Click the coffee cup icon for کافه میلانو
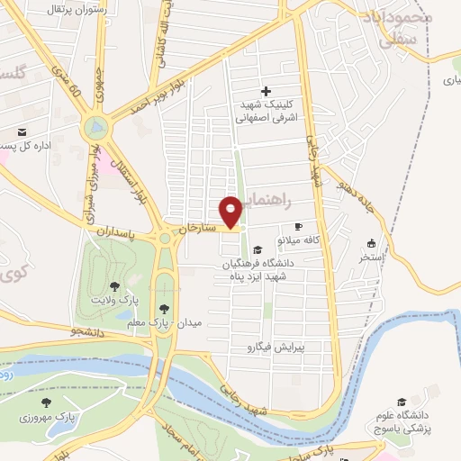click(x=298, y=227)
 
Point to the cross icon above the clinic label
click(x=265, y=91)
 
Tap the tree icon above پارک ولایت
click(x=114, y=284)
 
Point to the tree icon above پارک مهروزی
click(x=46, y=403)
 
